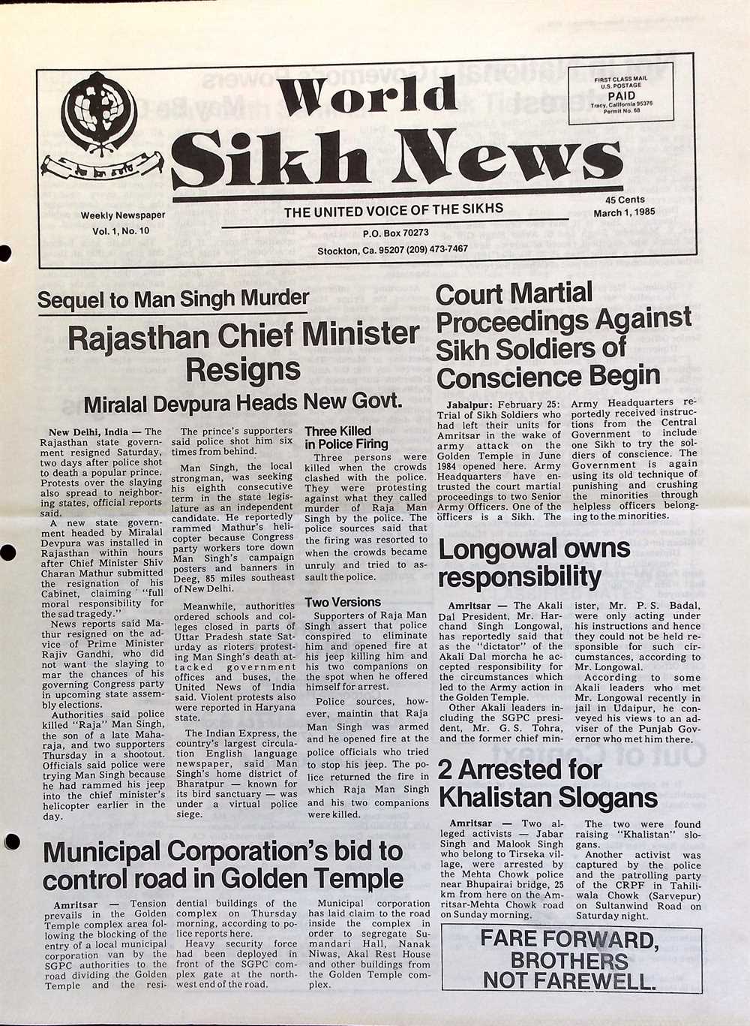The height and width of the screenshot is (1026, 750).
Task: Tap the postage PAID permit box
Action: click(x=621, y=95)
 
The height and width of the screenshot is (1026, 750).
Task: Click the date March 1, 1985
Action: click(x=624, y=212)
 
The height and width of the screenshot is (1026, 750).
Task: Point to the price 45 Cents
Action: click(x=625, y=200)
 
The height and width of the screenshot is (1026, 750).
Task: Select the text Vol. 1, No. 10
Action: click(x=121, y=231)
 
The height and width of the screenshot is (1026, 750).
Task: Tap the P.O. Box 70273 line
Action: click(x=395, y=233)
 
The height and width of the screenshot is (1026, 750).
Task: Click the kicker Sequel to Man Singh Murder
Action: click(x=172, y=299)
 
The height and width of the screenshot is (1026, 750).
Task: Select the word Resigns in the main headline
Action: click(x=242, y=369)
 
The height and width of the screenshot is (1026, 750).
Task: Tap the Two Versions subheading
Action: click(x=343, y=602)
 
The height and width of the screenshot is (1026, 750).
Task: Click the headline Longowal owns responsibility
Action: click(x=534, y=562)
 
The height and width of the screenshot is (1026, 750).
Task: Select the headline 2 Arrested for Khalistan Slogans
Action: click(x=547, y=783)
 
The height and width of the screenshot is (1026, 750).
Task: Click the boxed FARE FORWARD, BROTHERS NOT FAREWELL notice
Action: click(x=571, y=959)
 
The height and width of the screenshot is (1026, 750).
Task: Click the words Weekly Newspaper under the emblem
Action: click(x=123, y=216)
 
